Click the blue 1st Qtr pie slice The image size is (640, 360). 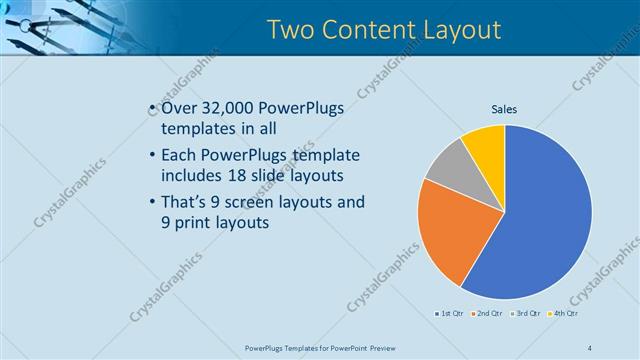(x=540, y=220)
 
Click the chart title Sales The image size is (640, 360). (x=504, y=110)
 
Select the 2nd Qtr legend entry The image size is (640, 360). (x=488, y=314)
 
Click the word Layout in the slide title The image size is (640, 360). (x=455, y=30)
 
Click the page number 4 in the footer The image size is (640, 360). (x=589, y=347)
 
